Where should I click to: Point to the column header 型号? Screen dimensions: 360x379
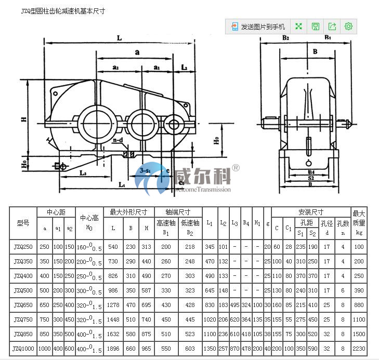click(x=23, y=223)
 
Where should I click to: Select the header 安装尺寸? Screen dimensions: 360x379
click(x=311, y=212)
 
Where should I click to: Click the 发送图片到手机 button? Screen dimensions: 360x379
click(x=258, y=26)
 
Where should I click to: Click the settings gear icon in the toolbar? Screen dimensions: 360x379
click(x=348, y=26)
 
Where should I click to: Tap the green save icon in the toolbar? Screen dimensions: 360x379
click(x=315, y=26)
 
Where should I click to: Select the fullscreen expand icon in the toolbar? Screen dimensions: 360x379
click(x=298, y=26)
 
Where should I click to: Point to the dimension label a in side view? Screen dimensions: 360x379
click(x=137, y=52)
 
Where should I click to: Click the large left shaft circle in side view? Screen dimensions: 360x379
click(x=95, y=123)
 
